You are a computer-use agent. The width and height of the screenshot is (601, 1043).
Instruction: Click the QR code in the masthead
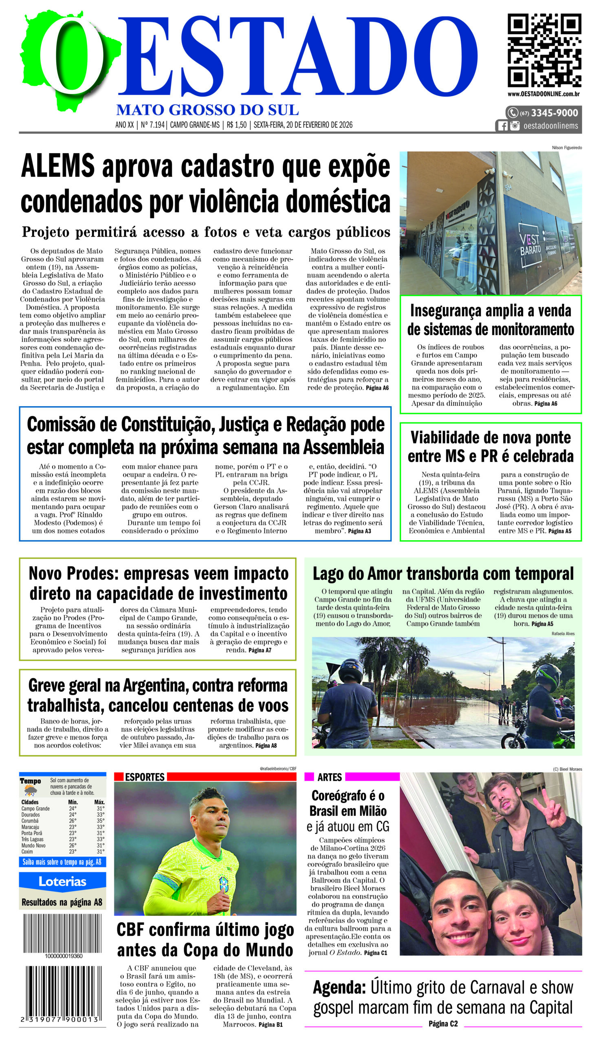point(544,51)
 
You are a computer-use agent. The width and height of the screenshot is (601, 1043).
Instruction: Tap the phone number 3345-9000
point(554,113)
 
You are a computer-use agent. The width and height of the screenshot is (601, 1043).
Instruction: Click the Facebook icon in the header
point(502,126)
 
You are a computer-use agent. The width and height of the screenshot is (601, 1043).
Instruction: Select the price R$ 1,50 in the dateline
point(236,125)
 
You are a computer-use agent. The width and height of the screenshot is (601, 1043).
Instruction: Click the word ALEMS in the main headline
point(58,166)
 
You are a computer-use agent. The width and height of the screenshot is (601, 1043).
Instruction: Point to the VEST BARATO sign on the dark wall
point(530,244)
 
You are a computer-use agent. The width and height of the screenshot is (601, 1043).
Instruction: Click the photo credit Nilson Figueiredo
point(567,148)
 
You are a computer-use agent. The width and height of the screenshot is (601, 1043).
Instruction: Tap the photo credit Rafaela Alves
point(563,634)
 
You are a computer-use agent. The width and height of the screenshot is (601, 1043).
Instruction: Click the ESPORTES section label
point(145,777)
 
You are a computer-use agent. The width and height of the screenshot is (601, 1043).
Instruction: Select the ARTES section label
point(329,777)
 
